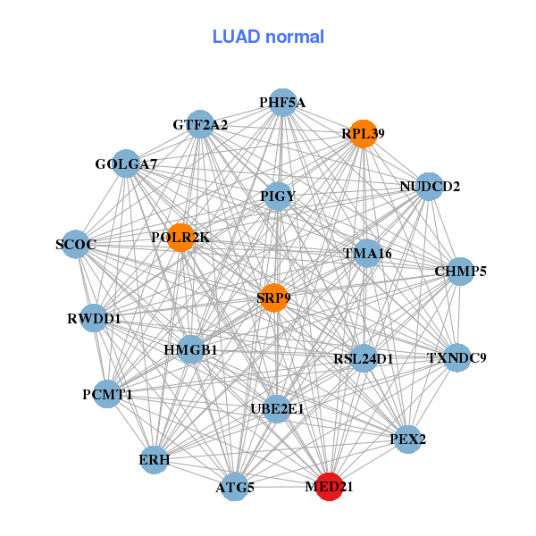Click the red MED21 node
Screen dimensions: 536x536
(330, 487)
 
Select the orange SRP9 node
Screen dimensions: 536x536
(273, 297)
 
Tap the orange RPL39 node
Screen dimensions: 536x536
(363, 134)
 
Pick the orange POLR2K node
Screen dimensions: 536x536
(180, 238)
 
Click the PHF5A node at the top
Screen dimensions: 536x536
(282, 103)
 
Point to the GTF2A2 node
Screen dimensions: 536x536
(200, 125)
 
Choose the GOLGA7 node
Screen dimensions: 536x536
(127, 164)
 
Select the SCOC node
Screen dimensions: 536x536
(75, 244)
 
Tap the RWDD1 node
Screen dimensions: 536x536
(94, 318)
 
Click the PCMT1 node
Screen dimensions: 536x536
(107, 393)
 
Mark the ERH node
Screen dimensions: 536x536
(154, 460)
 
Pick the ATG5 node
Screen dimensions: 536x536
(235, 487)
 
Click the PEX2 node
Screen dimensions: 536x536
(408, 439)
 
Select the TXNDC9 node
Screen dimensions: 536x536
(456, 358)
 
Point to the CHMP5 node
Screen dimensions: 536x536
(460, 271)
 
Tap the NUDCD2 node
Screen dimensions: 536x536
(430, 187)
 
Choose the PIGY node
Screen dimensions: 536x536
(278, 196)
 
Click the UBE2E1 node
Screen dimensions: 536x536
(277, 409)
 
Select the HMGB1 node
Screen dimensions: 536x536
(190, 349)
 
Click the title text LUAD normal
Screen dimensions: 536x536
(268, 37)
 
